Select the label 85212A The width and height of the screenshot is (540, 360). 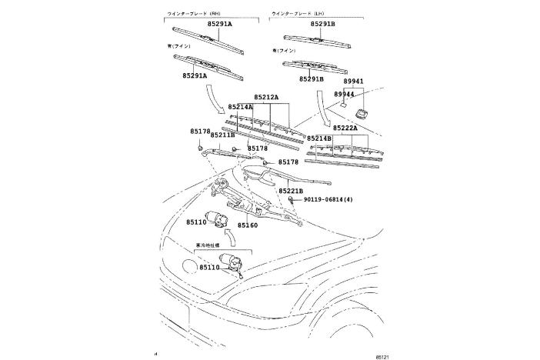266,98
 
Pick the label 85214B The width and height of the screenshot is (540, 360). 319,138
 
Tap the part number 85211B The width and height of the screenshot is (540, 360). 222,135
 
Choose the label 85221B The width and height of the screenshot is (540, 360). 291,190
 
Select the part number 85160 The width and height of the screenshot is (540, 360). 247,225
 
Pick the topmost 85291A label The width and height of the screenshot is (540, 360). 219,25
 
